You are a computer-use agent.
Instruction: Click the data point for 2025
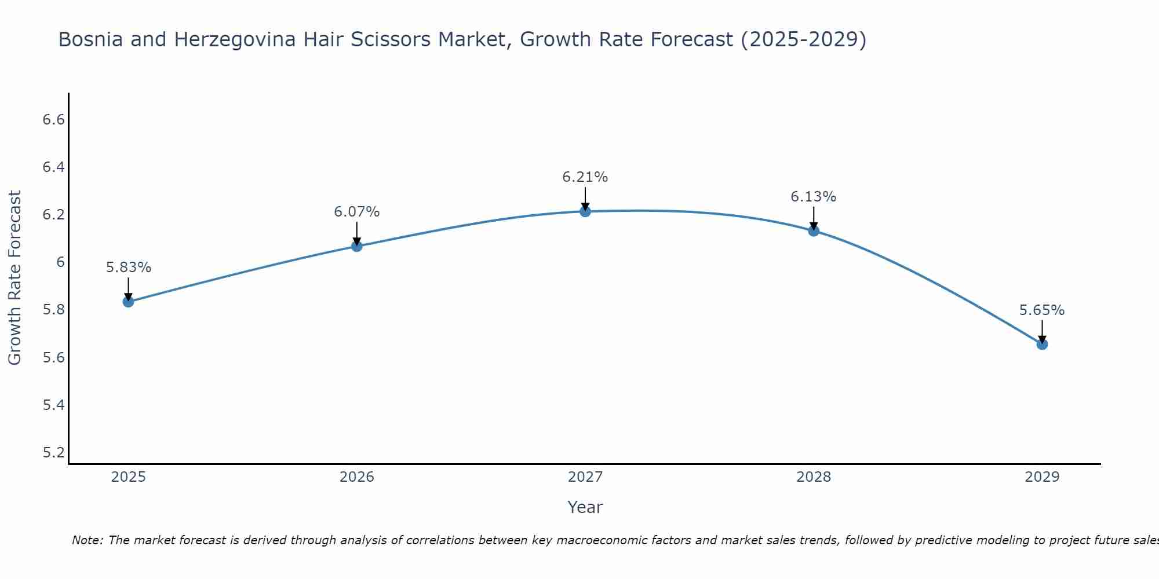click(x=128, y=301)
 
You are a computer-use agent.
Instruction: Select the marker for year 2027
click(x=585, y=211)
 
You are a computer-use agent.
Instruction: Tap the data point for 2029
click(x=1041, y=344)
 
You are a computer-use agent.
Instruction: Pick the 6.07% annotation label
click(x=356, y=212)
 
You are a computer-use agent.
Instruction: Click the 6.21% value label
click(x=585, y=177)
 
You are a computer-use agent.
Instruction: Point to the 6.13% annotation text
click(x=813, y=197)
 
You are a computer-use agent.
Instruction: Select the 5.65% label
click(x=1041, y=310)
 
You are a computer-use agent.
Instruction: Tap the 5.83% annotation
click(x=128, y=267)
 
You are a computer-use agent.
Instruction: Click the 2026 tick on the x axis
click(x=356, y=477)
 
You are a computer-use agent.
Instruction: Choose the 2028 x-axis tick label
click(x=813, y=477)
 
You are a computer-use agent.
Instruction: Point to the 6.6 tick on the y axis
click(x=53, y=120)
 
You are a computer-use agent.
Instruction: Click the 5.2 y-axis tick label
click(x=53, y=452)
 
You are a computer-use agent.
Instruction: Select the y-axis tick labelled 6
click(x=60, y=262)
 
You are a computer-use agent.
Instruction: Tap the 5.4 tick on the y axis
click(x=53, y=405)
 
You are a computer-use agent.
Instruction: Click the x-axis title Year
click(x=585, y=507)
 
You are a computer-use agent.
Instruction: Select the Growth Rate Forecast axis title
click(x=14, y=278)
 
